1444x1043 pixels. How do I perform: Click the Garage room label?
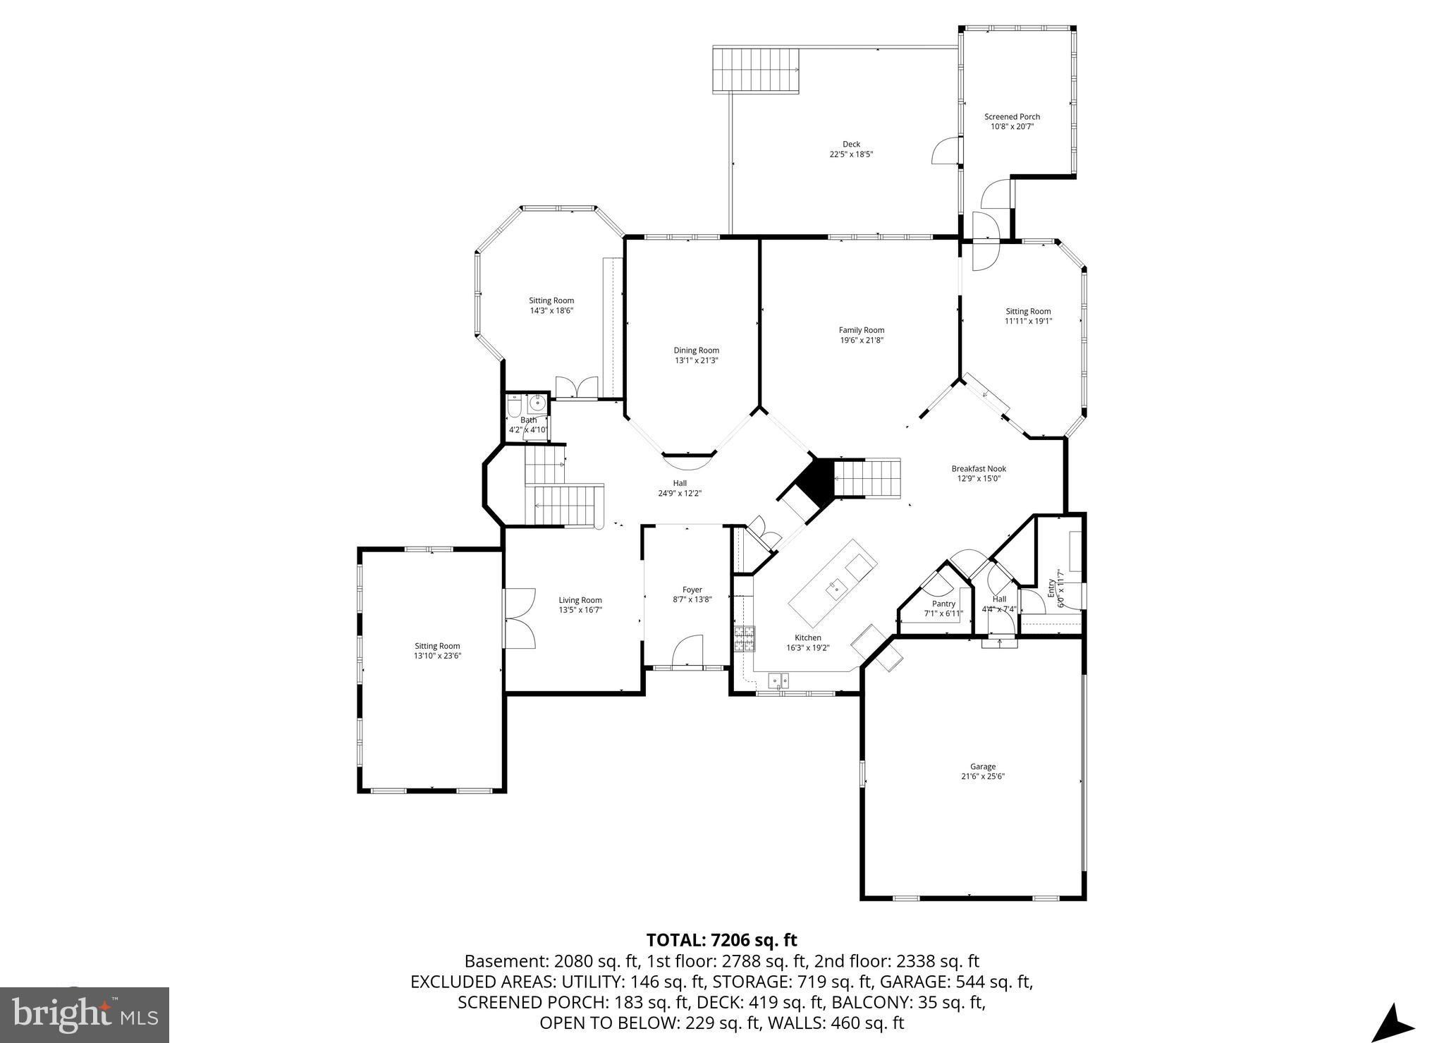[982, 767]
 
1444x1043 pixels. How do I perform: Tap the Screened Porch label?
[1012, 117]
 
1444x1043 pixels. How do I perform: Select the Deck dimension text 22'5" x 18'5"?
[851, 154]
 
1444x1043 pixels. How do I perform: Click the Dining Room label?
[696, 350]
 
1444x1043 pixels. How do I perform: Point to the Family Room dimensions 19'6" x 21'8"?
[861, 340]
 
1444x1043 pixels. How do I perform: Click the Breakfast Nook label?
[978, 468]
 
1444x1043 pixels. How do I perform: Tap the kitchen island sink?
[837, 586]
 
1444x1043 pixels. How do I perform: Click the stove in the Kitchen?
[744, 638]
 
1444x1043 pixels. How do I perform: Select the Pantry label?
[943, 604]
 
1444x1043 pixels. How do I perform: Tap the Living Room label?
[580, 600]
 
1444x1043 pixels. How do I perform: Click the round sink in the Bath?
[538, 404]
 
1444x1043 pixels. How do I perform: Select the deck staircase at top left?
[756, 70]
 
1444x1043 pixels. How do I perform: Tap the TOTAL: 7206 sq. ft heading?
[721, 940]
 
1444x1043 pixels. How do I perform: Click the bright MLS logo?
[85, 1015]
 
